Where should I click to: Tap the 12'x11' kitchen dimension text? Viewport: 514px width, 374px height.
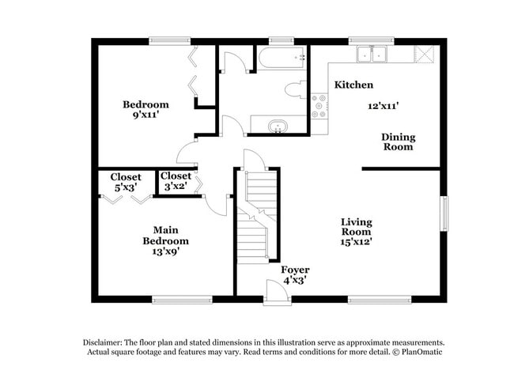tap(383, 104)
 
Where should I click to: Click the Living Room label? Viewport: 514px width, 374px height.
tap(356, 227)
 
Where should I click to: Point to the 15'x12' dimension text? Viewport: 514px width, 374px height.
tap(357, 241)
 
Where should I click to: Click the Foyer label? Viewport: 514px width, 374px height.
tap(296, 270)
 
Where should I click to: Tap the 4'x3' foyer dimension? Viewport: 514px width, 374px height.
tap(296, 280)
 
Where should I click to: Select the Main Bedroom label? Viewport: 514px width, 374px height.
tap(165, 235)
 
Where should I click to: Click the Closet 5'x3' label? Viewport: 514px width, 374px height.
tap(126, 182)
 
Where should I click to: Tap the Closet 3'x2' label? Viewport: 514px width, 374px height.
tap(176, 182)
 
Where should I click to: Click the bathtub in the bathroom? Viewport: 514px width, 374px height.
tap(282, 58)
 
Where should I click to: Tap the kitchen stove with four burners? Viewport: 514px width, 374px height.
tap(320, 107)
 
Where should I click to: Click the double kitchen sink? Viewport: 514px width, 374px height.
tap(370, 54)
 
